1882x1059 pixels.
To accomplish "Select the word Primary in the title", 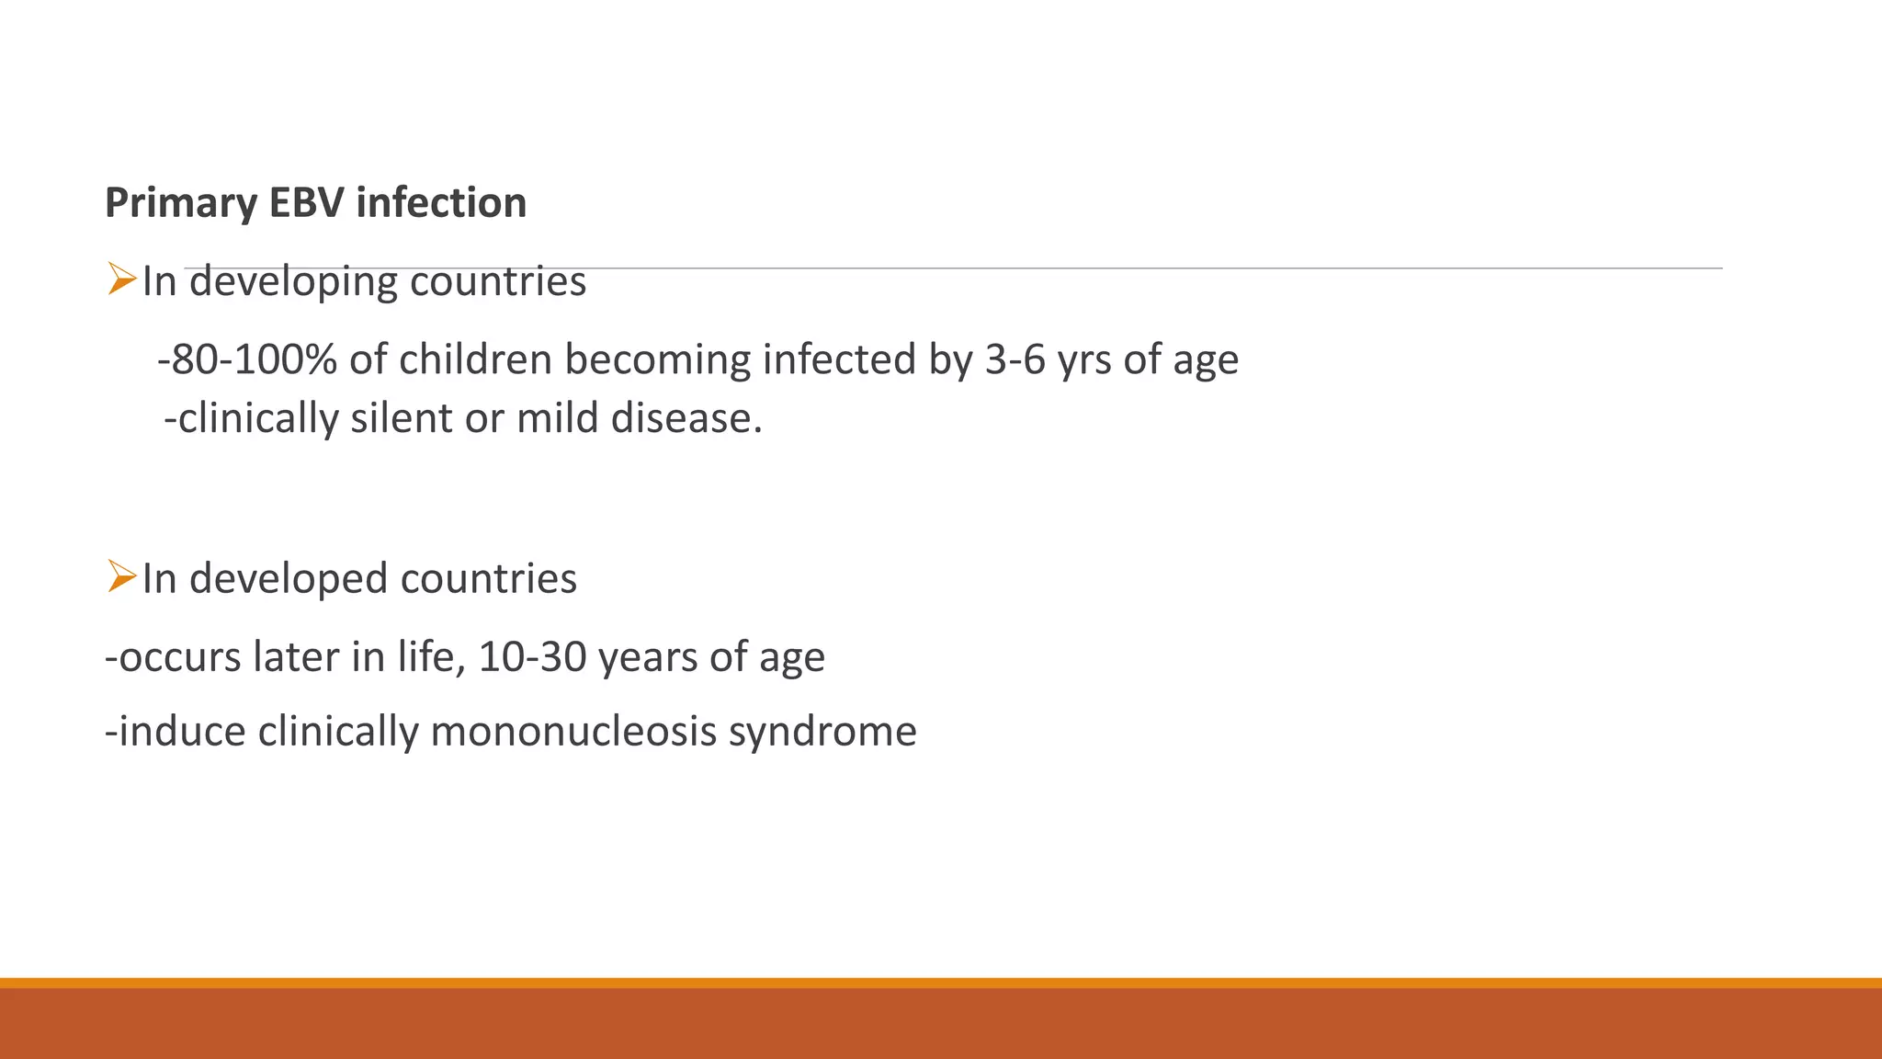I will [x=180, y=203].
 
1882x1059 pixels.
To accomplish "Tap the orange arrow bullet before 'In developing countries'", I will [x=121, y=279].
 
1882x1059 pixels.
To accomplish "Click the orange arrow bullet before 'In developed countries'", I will [x=121, y=576].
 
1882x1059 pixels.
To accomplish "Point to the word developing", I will [x=293, y=282].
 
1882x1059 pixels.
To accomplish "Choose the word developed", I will [x=289, y=579].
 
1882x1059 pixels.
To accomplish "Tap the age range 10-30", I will [x=532, y=657].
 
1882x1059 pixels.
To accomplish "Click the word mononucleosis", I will [x=573, y=732].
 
